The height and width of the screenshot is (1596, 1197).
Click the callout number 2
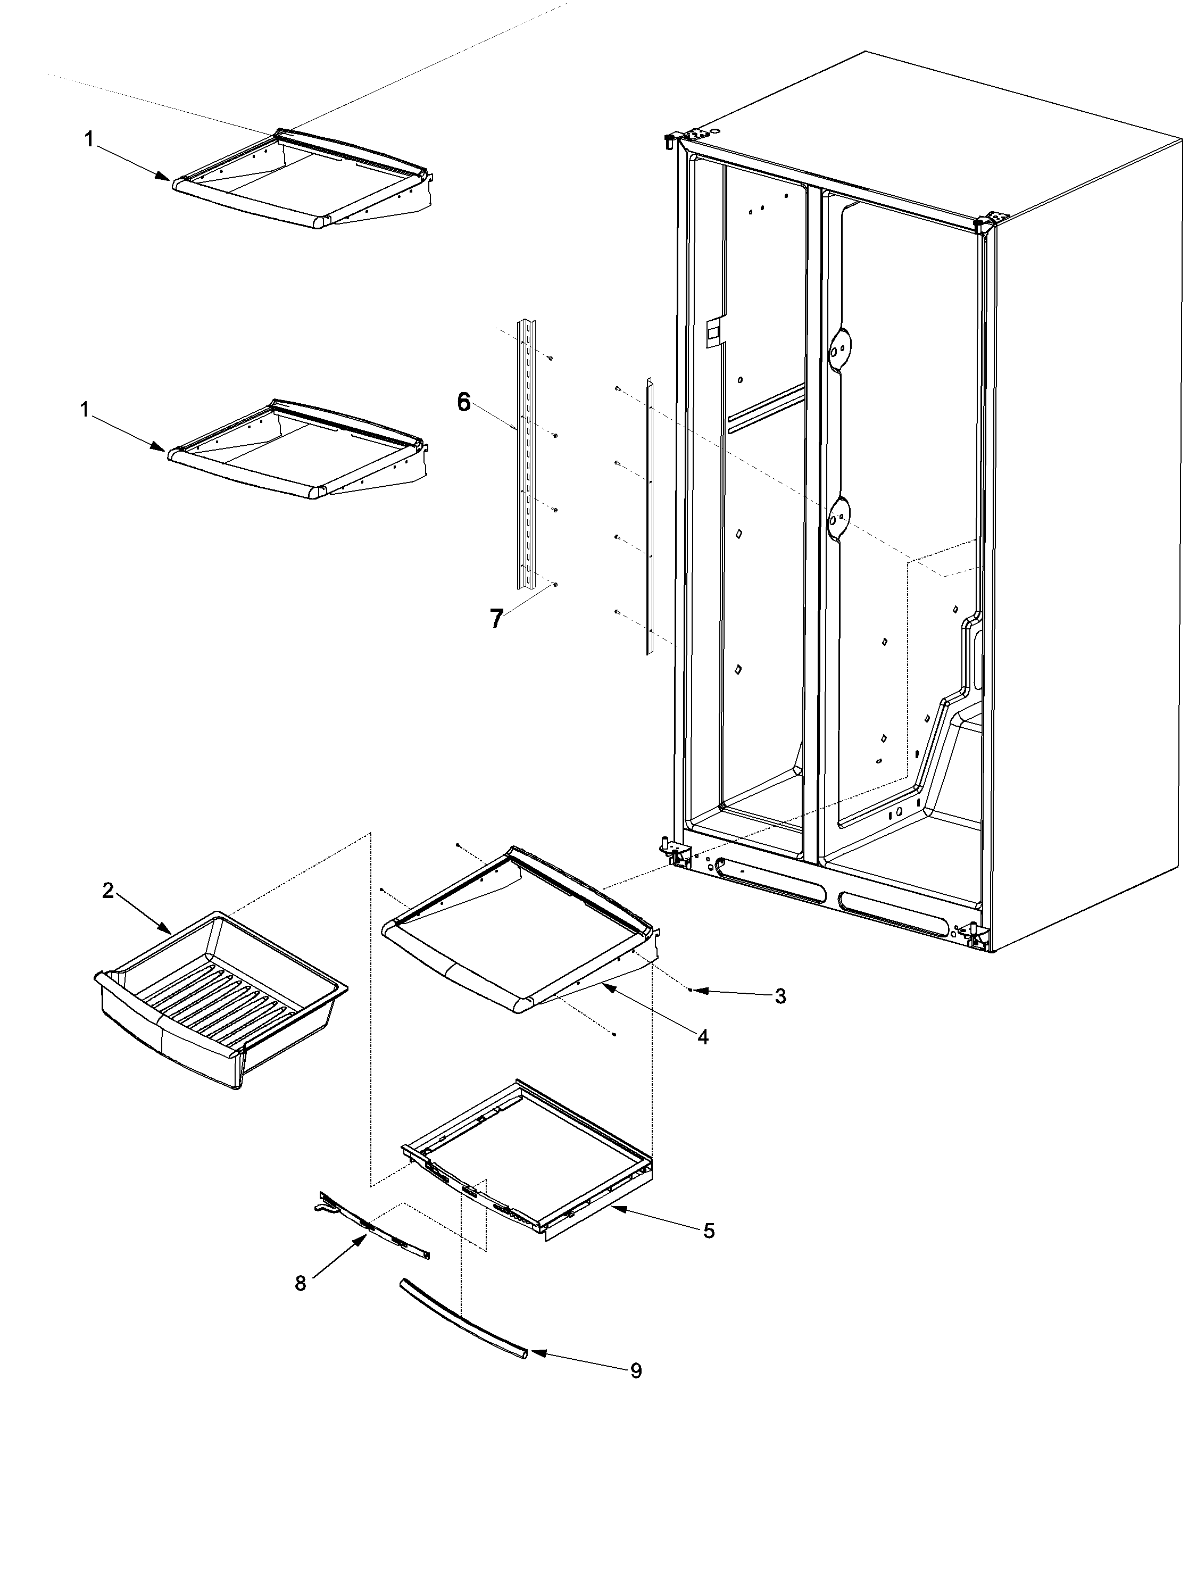107,891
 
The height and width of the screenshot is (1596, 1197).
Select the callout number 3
780,996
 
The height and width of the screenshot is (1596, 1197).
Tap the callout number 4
703,1037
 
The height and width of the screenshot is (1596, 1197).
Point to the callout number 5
709,1231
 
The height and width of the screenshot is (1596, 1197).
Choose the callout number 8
300,1283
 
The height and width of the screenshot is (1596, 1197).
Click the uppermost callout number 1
89,139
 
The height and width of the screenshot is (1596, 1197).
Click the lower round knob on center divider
837,517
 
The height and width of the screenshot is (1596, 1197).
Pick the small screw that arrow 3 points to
691,991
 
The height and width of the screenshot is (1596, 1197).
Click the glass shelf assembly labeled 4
519,931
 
